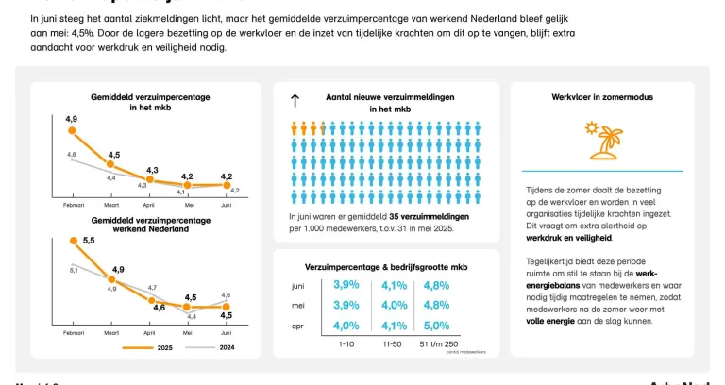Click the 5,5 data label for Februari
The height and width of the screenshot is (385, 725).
(89, 241)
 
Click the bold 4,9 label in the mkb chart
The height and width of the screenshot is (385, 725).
(71, 119)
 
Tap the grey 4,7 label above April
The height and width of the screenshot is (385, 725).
(152, 287)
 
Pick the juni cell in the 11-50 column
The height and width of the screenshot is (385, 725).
(395, 285)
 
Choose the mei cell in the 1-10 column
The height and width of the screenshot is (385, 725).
(346, 305)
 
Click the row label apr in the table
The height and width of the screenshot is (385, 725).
(297, 326)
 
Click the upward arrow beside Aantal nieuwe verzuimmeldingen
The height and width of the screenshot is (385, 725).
(295, 99)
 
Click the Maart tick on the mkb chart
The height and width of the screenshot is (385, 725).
(111, 204)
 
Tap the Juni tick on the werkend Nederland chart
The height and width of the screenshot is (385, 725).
(226, 334)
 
